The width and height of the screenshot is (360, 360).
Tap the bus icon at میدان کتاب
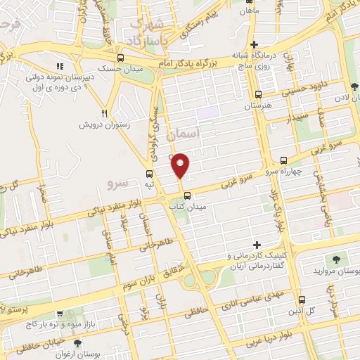(x=187, y=195)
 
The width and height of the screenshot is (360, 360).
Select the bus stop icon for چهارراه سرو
(x=283, y=160)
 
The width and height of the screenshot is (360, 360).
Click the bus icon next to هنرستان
(x=259, y=94)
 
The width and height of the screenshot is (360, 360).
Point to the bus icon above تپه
(x=149, y=174)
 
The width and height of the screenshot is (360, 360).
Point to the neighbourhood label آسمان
(x=205, y=133)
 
